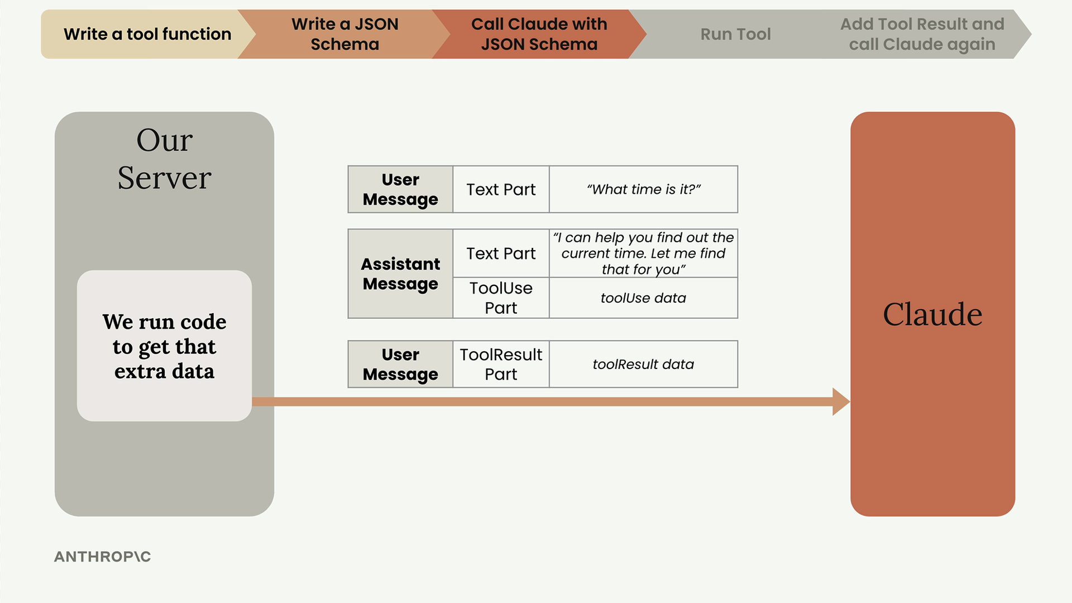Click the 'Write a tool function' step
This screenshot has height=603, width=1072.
147,34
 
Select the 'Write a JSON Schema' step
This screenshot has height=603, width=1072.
344,34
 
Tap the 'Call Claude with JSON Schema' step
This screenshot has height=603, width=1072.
539,34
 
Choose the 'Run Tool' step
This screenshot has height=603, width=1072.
735,34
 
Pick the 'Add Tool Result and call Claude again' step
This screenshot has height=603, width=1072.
922,34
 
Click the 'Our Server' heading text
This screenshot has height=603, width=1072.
165,159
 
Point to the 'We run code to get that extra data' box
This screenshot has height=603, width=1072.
164,346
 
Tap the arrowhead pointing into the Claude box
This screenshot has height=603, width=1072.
841,401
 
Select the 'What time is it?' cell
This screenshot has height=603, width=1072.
643,189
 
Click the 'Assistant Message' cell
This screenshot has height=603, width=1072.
400,274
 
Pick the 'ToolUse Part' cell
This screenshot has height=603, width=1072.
501,298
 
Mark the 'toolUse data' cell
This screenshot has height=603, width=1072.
643,298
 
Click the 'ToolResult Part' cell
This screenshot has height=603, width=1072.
501,364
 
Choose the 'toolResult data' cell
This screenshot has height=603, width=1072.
643,364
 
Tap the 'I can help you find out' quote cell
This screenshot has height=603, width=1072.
643,253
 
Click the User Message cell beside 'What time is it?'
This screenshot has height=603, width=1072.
400,189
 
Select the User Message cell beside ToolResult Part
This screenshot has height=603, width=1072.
400,364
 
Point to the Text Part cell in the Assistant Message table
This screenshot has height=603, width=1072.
501,253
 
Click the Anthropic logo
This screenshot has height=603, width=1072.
103,557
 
